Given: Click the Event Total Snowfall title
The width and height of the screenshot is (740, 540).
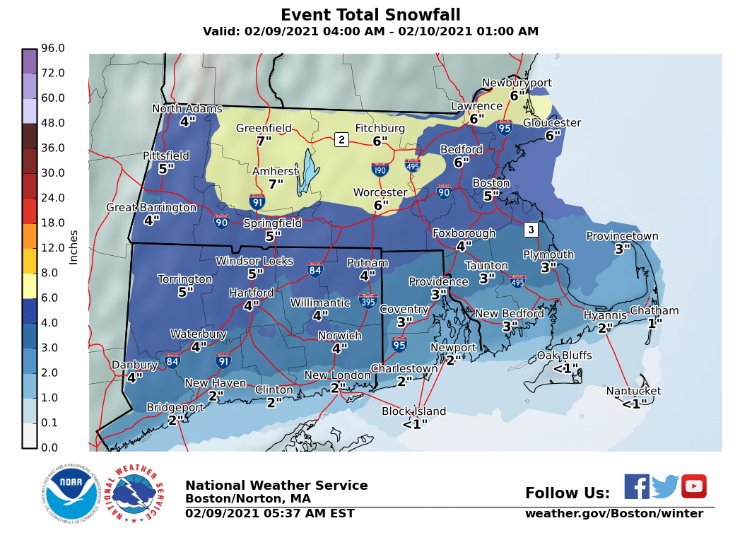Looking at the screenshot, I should click(370, 15).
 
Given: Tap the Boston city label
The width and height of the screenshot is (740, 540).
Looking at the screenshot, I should click(491, 183).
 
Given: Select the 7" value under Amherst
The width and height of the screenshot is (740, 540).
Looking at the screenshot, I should click(276, 184).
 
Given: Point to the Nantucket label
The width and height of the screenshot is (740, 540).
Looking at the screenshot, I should click(633, 391).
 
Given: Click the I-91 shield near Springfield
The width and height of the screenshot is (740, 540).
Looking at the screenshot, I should click(258, 202).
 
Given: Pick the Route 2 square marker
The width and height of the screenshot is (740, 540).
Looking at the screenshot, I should click(341, 139).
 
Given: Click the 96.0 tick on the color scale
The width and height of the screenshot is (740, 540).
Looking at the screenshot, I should click(53, 48).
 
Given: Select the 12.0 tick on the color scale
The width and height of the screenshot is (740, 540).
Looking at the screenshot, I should click(53, 248).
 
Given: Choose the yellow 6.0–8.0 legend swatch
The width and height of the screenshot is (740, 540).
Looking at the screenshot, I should click(29, 286).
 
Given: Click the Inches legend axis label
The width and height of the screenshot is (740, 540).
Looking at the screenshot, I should click(74, 247).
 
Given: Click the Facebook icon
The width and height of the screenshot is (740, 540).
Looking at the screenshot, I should click(637, 486).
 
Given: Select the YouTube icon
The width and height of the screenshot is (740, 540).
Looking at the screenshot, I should click(693, 486).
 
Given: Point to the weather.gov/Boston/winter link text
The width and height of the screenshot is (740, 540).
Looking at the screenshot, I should click(613, 514).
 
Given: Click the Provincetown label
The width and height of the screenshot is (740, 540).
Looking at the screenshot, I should click(622, 237).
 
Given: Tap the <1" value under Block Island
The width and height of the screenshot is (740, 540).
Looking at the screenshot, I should click(415, 424).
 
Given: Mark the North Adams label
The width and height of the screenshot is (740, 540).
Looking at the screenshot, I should click(187, 109).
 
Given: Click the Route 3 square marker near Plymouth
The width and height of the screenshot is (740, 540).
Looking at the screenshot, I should click(531, 230).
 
